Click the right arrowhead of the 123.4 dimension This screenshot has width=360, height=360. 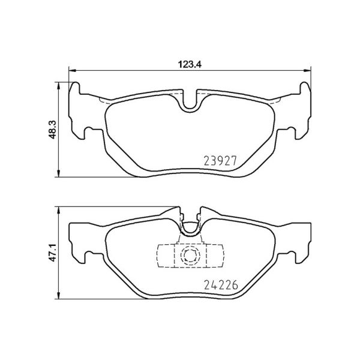[x=308, y=71]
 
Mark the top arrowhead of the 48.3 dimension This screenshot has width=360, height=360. [x=59, y=85]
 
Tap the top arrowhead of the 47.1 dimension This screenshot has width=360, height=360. [x=59, y=208]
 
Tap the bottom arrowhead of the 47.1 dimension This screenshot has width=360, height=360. [x=59, y=298]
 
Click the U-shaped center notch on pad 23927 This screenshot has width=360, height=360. [x=191, y=104]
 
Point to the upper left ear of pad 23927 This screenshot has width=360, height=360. [x=77, y=90]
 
